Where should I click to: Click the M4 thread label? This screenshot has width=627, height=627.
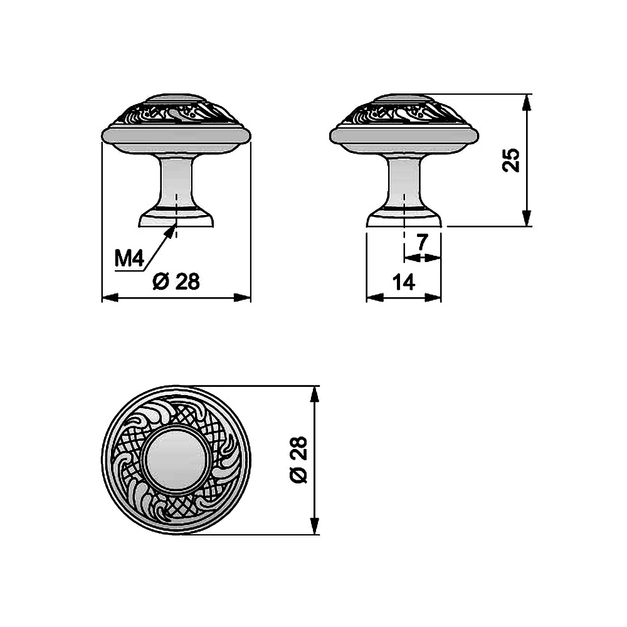(130, 258)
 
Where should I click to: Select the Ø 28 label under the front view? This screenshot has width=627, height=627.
(176, 282)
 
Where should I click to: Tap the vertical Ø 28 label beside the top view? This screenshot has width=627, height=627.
(300, 460)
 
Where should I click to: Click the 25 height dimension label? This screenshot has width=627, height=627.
(512, 160)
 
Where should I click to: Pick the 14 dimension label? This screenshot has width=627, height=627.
(404, 282)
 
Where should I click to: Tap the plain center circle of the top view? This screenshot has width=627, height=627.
(176, 460)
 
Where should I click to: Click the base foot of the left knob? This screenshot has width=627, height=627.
(176, 219)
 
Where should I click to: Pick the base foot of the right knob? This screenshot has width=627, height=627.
(404, 219)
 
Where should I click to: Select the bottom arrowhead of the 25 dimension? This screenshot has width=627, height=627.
(527, 222)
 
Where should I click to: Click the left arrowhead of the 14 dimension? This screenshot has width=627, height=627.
(370, 297)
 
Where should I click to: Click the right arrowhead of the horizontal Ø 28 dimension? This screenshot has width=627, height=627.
(247, 297)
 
